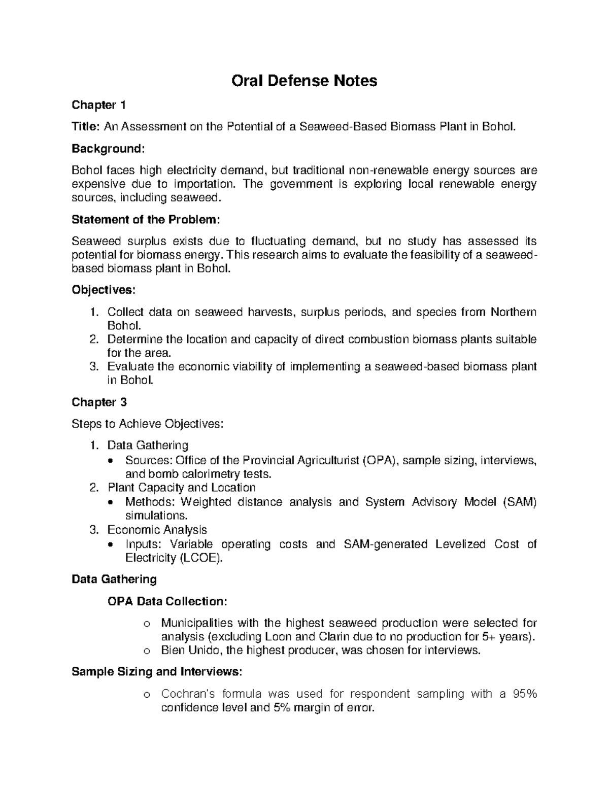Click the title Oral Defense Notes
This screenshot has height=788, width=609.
click(304, 81)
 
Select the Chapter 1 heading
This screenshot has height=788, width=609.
click(98, 105)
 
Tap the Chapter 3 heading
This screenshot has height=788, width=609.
click(99, 402)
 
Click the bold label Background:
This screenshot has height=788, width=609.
click(108, 149)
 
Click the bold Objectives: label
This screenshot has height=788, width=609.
click(104, 290)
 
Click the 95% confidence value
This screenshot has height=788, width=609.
click(524, 694)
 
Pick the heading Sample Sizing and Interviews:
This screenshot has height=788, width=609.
click(157, 672)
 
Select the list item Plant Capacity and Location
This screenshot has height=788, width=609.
click(181, 488)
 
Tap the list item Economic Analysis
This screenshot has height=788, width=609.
click(157, 530)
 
